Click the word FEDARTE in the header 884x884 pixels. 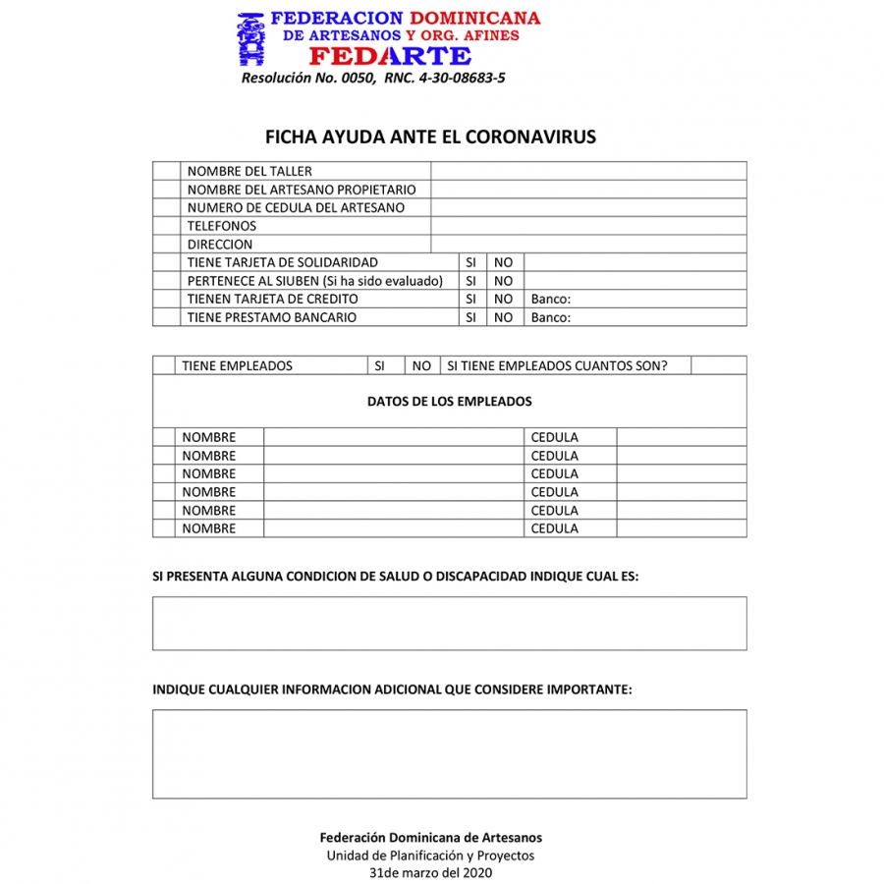[390, 56]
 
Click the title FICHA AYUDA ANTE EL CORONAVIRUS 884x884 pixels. [430, 138]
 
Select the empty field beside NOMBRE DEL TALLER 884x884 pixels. [588, 171]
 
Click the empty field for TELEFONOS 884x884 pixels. [588, 226]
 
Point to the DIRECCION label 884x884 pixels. [220, 245]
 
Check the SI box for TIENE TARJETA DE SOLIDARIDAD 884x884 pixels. [470, 263]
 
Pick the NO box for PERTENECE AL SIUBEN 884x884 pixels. [503, 281]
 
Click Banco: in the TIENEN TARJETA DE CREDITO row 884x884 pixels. [551, 300]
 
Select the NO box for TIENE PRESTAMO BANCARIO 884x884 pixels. [503, 318]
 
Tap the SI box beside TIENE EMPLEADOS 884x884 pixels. [380, 366]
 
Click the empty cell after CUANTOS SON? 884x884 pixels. [718, 366]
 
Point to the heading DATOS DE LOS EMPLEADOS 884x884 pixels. [450, 402]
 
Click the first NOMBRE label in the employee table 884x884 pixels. [209, 437]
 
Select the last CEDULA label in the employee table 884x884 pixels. [555, 528]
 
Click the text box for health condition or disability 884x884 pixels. [449, 623]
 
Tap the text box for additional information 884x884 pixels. [449, 753]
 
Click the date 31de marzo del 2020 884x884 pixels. [430, 872]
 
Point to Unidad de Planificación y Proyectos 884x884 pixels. [430, 856]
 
